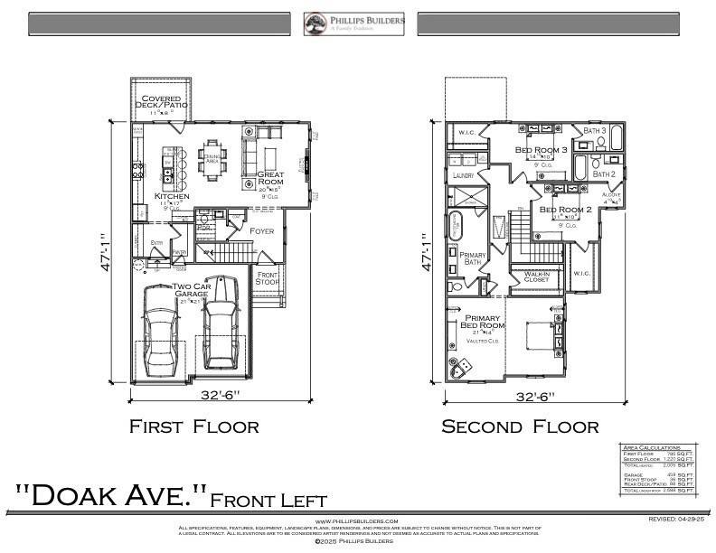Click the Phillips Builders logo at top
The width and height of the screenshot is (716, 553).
pyautogui.click(x=353, y=23)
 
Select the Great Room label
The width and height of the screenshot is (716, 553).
pyautogui.click(x=271, y=179)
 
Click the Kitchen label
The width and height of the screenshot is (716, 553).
pyautogui.click(x=171, y=196)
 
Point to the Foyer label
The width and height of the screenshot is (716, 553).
pyautogui.click(x=261, y=231)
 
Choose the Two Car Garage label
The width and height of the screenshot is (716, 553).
pyautogui.click(x=192, y=290)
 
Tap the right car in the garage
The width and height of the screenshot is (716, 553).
pyautogui.click(x=221, y=332)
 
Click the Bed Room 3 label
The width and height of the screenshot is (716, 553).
pyautogui.click(x=541, y=150)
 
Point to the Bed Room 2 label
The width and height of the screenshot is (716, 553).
pyautogui.click(x=565, y=211)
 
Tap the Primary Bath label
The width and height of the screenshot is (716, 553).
pyautogui.click(x=473, y=259)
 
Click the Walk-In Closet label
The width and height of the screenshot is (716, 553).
pyautogui.click(x=536, y=276)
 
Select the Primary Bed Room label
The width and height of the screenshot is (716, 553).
pyautogui.click(x=483, y=323)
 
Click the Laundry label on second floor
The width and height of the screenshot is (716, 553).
pyautogui.click(x=463, y=175)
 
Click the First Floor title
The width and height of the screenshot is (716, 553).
pyautogui.click(x=193, y=426)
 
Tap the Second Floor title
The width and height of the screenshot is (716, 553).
pyautogui.click(x=519, y=426)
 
